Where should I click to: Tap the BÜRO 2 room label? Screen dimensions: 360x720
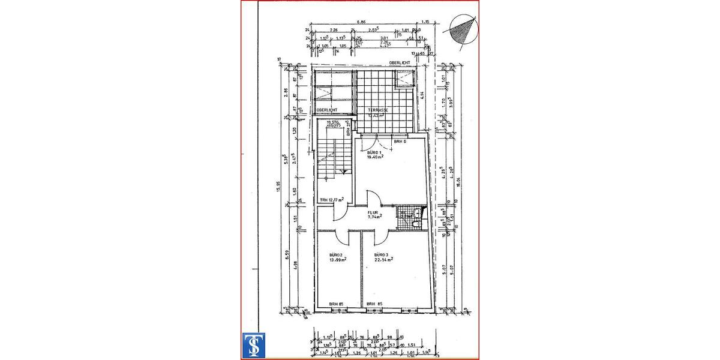[335, 254]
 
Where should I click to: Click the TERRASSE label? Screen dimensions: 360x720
[378, 110]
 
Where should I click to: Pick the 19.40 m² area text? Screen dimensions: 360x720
[376, 158]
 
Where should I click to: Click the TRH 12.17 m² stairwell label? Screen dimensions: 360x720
[331, 200]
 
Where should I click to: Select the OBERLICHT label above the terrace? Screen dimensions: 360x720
[398, 62]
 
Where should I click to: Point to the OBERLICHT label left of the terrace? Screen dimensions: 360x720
[326, 110]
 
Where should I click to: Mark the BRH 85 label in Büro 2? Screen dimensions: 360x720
[335, 304]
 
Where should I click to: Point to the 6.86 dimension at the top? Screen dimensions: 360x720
[362, 22]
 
